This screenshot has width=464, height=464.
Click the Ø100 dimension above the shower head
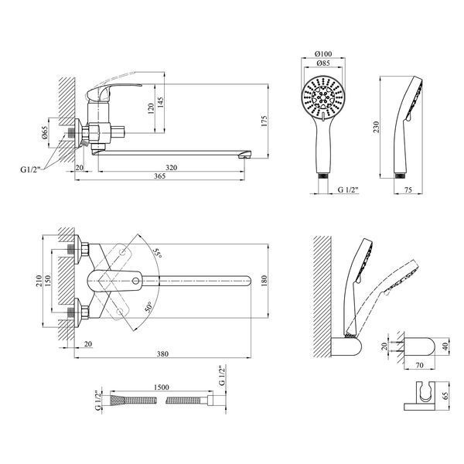click(323, 54)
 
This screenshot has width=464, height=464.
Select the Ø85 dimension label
click(323, 63)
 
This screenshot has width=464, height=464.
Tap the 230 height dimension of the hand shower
click(376, 127)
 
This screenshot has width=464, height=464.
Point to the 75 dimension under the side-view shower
click(408, 189)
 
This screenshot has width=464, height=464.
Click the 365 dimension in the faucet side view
click(160, 176)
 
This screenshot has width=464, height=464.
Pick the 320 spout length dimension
click(171, 168)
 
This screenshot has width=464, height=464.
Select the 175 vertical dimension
click(264, 121)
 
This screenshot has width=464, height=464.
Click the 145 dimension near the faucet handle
click(160, 102)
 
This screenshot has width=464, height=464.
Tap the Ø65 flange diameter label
click(44, 132)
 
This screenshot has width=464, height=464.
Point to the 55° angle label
click(158, 253)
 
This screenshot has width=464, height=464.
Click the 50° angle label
click(148, 307)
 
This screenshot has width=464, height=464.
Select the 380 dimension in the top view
click(162, 353)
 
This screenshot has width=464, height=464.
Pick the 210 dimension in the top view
click(39, 281)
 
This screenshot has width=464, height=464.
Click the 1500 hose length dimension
click(162, 387)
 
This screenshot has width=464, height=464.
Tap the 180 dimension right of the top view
click(264, 281)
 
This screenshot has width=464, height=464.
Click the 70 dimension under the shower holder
click(420, 366)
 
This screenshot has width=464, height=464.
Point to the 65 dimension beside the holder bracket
click(445, 396)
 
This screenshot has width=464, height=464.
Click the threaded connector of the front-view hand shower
click(323, 176)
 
